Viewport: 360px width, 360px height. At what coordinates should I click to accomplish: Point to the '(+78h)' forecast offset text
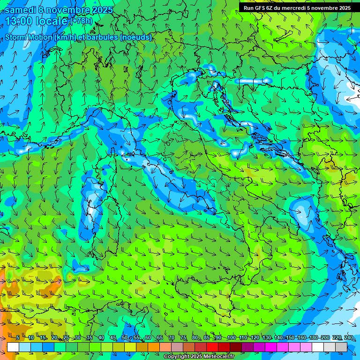click(82, 21)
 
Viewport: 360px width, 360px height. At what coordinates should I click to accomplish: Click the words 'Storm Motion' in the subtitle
click(29, 37)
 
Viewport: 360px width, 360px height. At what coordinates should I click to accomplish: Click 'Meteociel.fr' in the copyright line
click(218, 357)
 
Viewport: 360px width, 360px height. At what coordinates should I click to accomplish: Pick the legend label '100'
click(231, 338)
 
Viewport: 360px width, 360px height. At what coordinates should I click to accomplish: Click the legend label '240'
click(349, 338)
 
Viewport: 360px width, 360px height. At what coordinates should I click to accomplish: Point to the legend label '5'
click(18, 338)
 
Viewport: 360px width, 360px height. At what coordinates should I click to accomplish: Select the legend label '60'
click(148, 338)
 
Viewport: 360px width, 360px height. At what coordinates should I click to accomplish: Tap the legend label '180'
click(314, 338)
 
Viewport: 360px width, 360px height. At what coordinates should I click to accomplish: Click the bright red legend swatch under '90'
click(212, 347)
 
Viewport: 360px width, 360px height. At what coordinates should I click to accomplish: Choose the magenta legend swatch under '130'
click(271, 347)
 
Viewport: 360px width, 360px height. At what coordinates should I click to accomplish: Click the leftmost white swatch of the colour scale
click(13, 347)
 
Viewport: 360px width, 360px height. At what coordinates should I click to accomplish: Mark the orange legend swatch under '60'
click(142, 347)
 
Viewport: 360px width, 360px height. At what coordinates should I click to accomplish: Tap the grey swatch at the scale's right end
click(341, 347)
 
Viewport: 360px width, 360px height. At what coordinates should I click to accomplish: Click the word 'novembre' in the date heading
click(68, 9)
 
